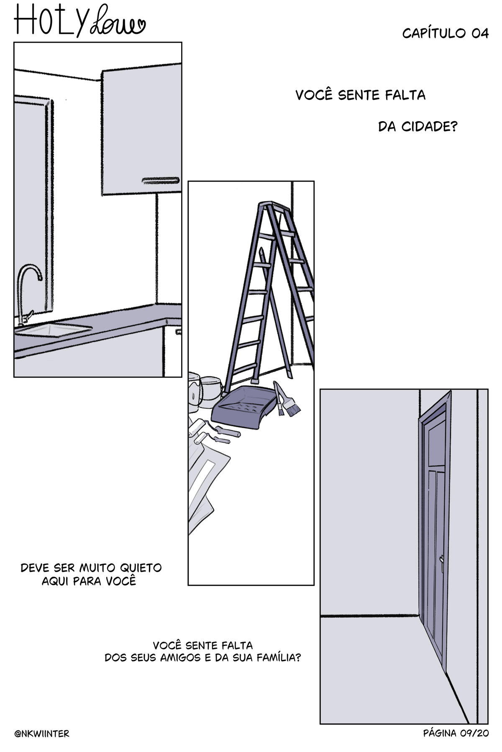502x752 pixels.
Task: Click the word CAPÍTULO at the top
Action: [435, 33]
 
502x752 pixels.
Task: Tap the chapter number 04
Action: [480, 34]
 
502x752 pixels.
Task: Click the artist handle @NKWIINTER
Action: [42, 734]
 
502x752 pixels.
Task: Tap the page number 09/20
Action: [474, 733]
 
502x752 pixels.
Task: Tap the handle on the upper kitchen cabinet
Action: [161, 181]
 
